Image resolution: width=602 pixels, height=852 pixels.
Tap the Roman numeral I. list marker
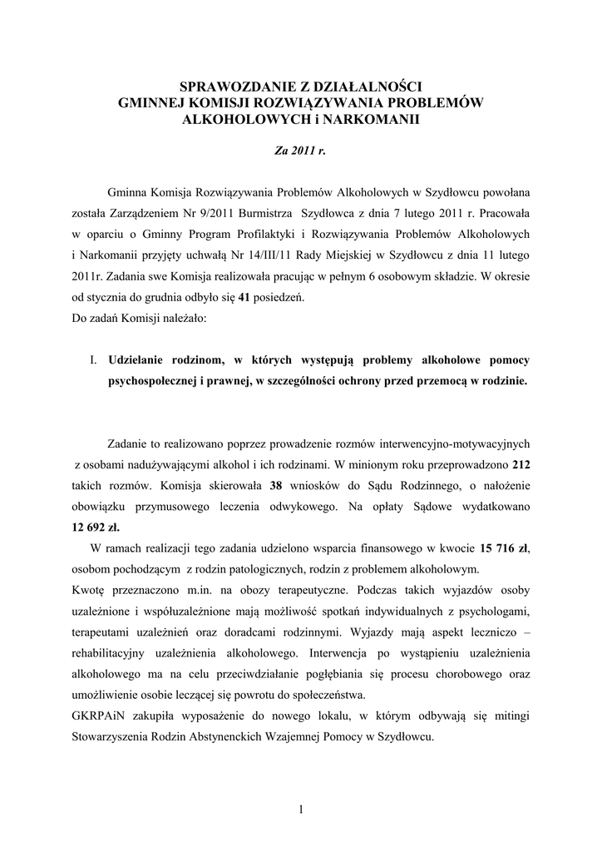coord(94,359)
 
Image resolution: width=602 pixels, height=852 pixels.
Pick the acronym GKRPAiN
coord(96,716)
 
